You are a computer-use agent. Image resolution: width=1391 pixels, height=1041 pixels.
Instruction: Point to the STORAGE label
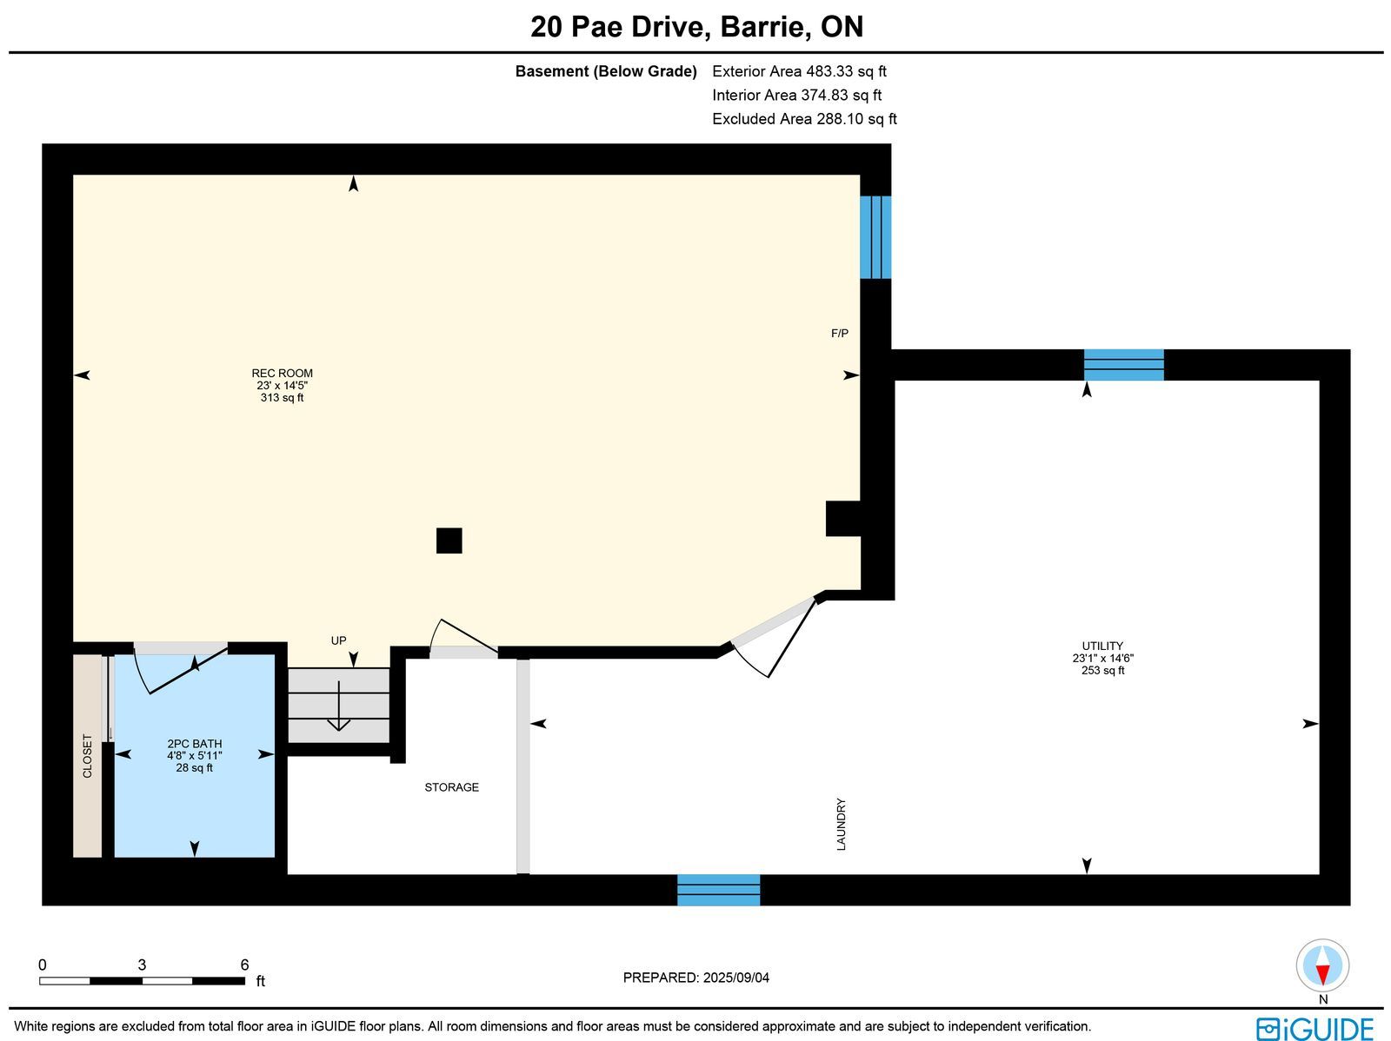pyautogui.click(x=452, y=787)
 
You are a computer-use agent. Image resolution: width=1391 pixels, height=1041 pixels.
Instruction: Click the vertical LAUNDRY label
pyautogui.click(x=841, y=825)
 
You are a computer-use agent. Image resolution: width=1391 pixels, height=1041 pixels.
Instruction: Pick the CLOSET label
pyautogui.click(x=88, y=756)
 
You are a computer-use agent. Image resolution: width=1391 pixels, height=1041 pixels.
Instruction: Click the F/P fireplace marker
pyautogui.click(x=840, y=333)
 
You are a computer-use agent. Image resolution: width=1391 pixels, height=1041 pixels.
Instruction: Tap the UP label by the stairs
pyautogui.click(x=338, y=640)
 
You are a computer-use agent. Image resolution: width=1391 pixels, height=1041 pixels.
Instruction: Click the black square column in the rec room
pyautogui.click(x=449, y=540)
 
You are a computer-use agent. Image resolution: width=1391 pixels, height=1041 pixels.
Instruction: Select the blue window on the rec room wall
pyautogui.click(x=875, y=237)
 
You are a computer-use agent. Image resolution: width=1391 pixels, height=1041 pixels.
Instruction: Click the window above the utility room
pyautogui.click(x=1123, y=365)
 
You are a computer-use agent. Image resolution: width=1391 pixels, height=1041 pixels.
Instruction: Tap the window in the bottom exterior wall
pyautogui.click(x=719, y=890)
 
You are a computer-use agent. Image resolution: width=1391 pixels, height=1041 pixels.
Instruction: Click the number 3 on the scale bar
pyautogui.click(x=142, y=965)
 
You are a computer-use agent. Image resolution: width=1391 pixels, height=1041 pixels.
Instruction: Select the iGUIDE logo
pyautogui.click(x=1315, y=1028)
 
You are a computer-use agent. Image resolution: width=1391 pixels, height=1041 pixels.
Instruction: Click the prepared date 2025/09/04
pyautogui.click(x=735, y=978)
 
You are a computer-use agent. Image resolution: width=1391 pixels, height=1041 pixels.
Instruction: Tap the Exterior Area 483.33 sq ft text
pyautogui.click(x=799, y=71)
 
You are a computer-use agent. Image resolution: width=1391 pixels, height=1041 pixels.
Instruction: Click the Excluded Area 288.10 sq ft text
pyautogui.click(x=804, y=119)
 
